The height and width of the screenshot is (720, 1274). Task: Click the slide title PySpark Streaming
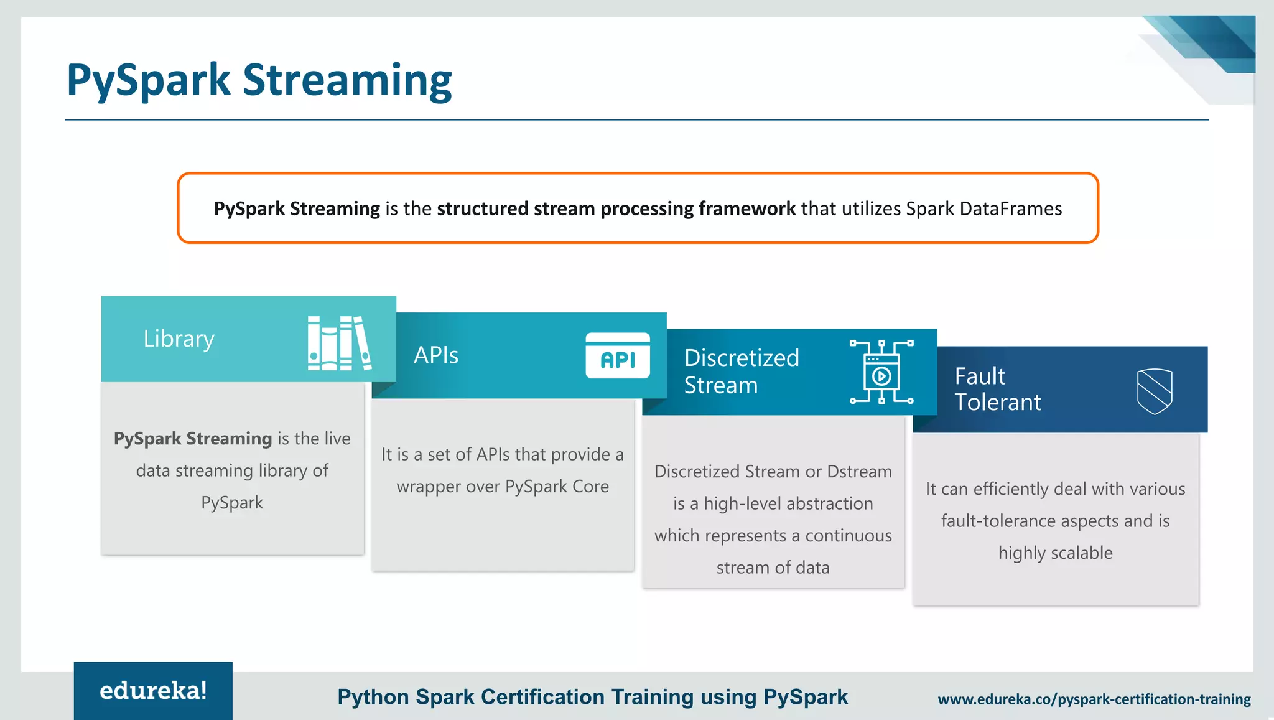[x=259, y=80]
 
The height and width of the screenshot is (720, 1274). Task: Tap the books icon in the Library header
[x=339, y=343]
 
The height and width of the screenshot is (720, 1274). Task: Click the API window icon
[x=617, y=356]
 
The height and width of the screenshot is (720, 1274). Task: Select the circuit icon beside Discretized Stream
[x=881, y=372]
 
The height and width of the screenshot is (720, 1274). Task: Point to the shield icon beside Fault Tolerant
[x=1154, y=391]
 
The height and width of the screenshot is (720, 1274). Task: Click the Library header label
[x=179, y=339]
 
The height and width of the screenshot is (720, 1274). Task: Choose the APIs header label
[x=436, y=355]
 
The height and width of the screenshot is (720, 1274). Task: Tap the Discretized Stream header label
[x=742, y=372]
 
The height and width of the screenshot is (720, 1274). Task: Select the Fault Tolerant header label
[x=997, y=389]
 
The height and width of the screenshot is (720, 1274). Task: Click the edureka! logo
[x=153, y=691]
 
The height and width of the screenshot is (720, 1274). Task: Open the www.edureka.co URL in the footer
[x=1094, y=699]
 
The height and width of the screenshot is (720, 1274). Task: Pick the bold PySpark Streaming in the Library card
[x=193, y=439]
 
